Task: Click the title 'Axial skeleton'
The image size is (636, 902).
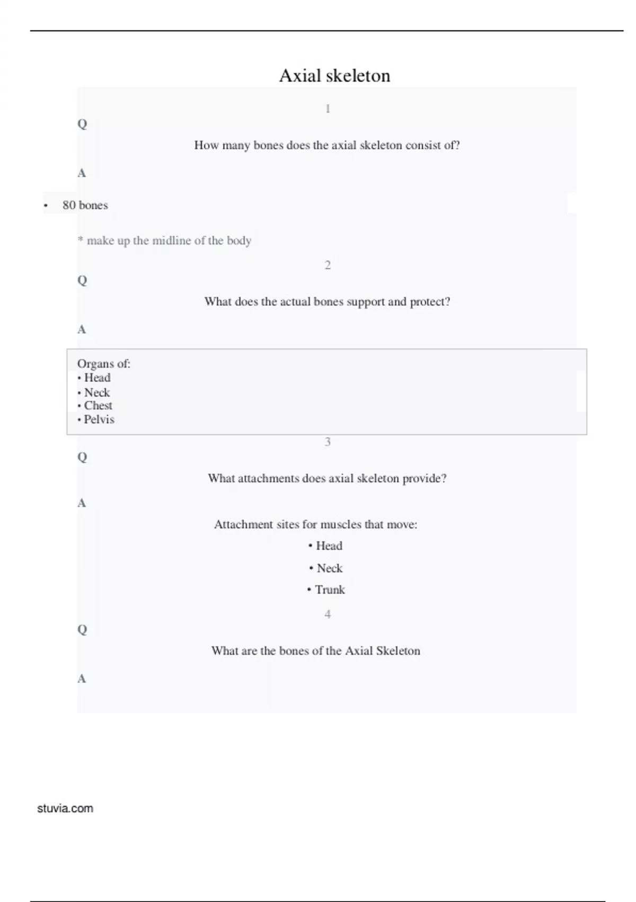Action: [x=334, y=76]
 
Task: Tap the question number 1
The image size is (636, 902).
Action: [x=328, y=109]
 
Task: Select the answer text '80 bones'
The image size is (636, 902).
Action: [x=85, y=205]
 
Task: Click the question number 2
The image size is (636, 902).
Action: [x=328, y=265]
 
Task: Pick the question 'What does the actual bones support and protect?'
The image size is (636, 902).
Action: [x=327, y=302]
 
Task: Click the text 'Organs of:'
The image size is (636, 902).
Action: [x=104, y=364]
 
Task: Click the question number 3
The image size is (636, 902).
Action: [x=328, y=442]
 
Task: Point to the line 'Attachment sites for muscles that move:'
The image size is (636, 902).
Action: [x=315, y=525]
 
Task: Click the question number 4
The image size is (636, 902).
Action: [x=328, y=614]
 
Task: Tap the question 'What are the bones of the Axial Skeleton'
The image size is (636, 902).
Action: [x=315, y=651]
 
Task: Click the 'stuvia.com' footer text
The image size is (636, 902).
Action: [x=65, y=809]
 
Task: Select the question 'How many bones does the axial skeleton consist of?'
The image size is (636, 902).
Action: [x=326, y=145]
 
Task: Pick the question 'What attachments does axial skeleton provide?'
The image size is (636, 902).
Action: [x=327, y=479]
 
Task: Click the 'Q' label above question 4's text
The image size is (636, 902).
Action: [x=82, y=630]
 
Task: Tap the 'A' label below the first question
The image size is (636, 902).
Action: [x=82, y=173]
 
